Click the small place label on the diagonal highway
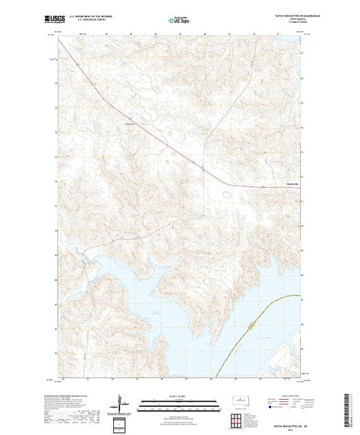pyautogui.click(x=129, y=124)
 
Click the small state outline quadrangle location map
pyautogui.click(x=240, y=400)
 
